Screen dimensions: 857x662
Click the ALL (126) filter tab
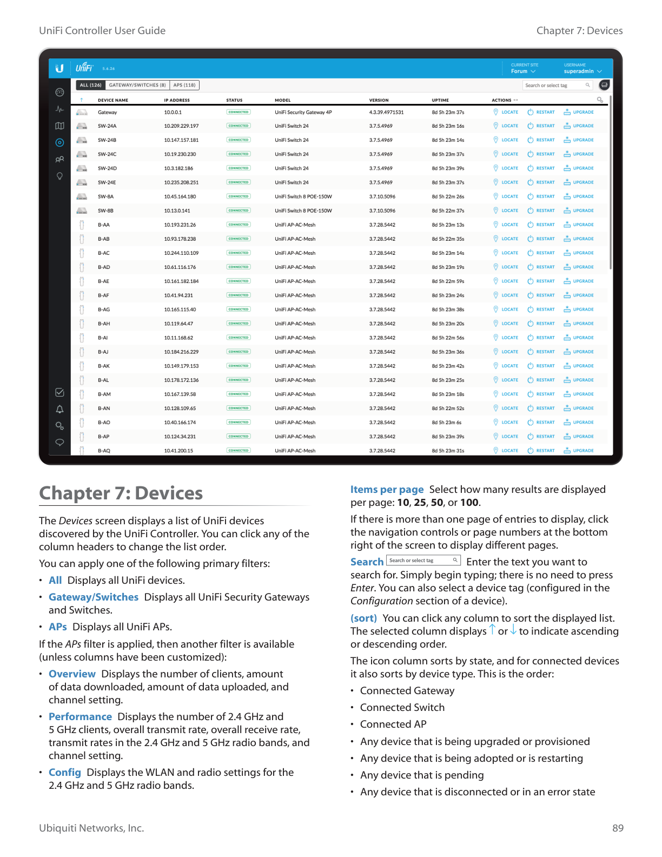point(90,85)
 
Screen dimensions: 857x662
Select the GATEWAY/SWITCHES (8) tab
point(137,85)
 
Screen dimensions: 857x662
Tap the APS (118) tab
point(184,85)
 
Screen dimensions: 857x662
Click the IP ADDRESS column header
point(177,100)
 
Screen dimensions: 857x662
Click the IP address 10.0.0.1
point(173,113)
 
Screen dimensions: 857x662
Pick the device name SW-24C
point(107,154)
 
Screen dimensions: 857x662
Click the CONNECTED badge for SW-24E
point(239,182)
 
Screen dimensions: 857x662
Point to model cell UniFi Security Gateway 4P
point(303,113)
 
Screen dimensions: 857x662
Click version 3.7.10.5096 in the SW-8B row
point(382,211)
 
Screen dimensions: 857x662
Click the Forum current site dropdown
point(523,71)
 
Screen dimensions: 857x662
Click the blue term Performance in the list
point(80,717)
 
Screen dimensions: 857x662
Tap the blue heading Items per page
point(387,490)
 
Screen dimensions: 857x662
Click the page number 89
point(618,828)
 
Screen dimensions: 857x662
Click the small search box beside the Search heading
point(423,561)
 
